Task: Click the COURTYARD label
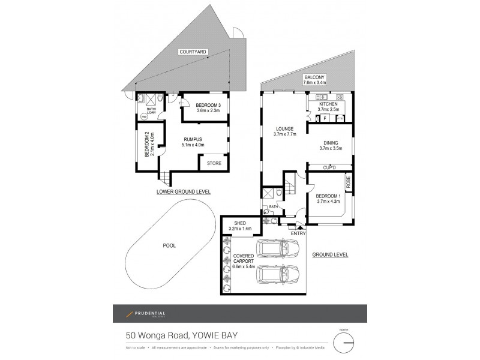[192, 53]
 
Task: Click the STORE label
[214, 163]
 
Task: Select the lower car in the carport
[276, 277]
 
